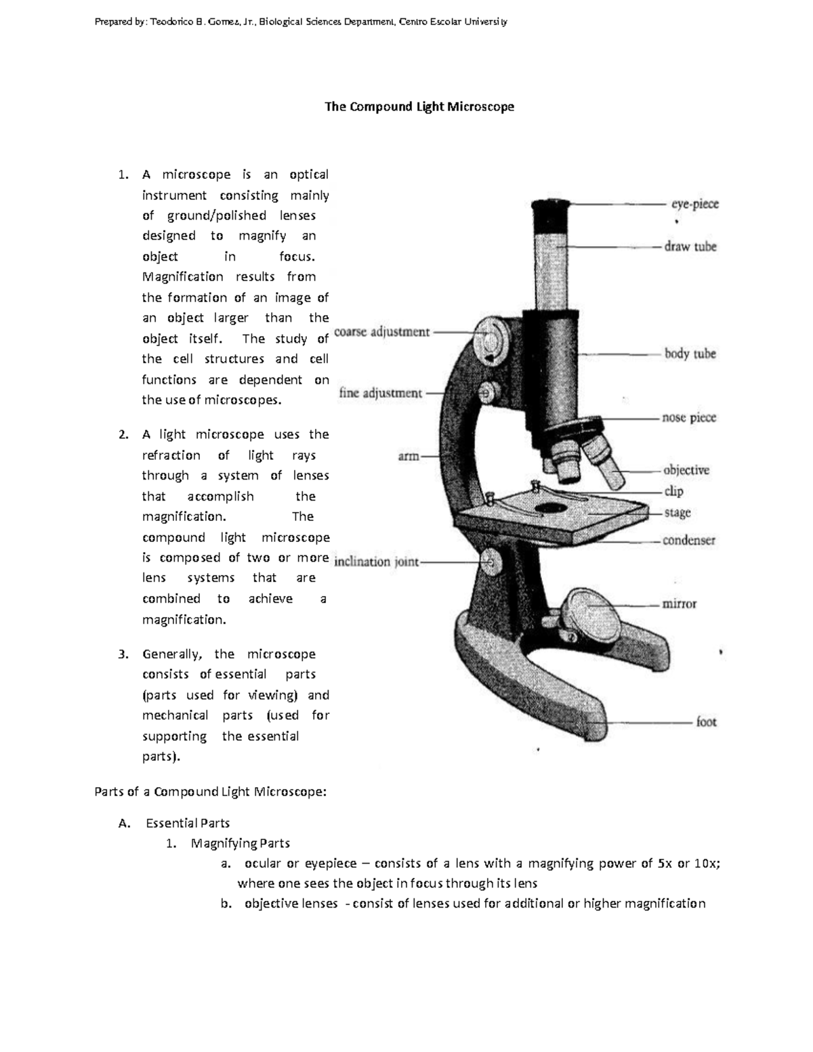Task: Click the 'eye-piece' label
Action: pyautogui.click(x=694, y=204)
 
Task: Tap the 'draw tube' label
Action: pyautogui.click(x=690, y=247)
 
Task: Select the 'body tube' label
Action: pyautogui.click(x=690, y=354)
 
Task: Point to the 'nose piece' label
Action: pyautogui.click(x=688, y=418)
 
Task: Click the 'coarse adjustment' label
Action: pyautogui.click(x=382, y=333)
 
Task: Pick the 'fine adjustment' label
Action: pyautogui.click(x=380, y=393)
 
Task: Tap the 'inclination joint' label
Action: pyautogui.click(x=377, y=562)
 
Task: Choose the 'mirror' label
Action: pyautogui.click(x=679, y=604)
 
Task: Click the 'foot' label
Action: pyautogui.click(x=706, y=722)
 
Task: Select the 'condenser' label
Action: pyautogui.click(x=688, y=541)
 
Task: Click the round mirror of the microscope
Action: pyautogui.click(x=590, y=612)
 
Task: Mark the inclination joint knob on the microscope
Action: pyautogui.click(x=490, y=561)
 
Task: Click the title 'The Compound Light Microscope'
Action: pyautogui.click(x=419, y=106)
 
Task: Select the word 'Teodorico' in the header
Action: pyautogui.click(x=171, y=22)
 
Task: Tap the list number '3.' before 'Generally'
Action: pyautogui.click(x=123, y=654)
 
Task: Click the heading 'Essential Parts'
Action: pyautogui.click(x=188, y=823)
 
